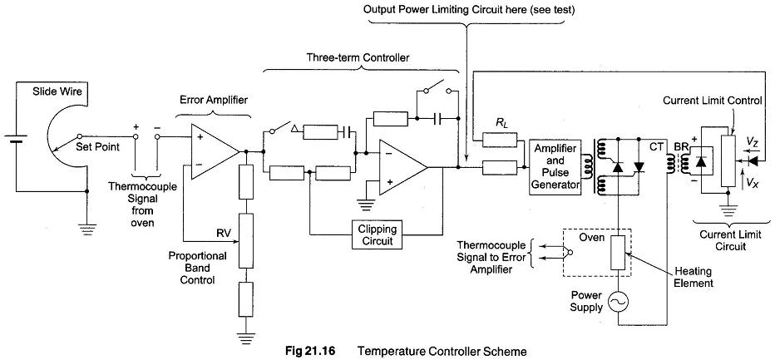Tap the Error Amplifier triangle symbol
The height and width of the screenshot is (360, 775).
(211, 150)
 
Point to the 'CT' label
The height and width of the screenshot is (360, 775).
(654, 144)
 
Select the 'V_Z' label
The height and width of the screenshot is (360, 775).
(753, 142)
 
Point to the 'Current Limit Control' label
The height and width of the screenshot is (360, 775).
(713, 101)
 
